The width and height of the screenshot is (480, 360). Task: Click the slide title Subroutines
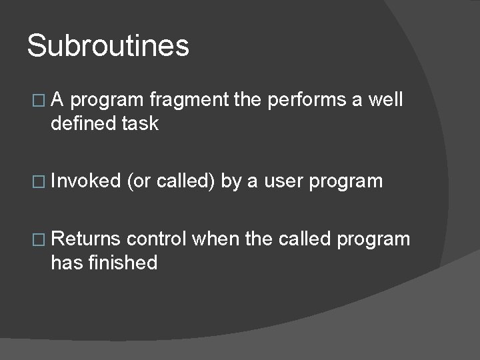(108, 47)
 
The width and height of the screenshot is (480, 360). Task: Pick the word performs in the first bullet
(306, 101)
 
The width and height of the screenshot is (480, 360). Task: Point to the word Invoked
(85, 181)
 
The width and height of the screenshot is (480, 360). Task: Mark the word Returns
(85, 239)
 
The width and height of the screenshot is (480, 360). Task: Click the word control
(157, 239)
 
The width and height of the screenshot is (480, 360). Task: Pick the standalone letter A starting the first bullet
(58, 100)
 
